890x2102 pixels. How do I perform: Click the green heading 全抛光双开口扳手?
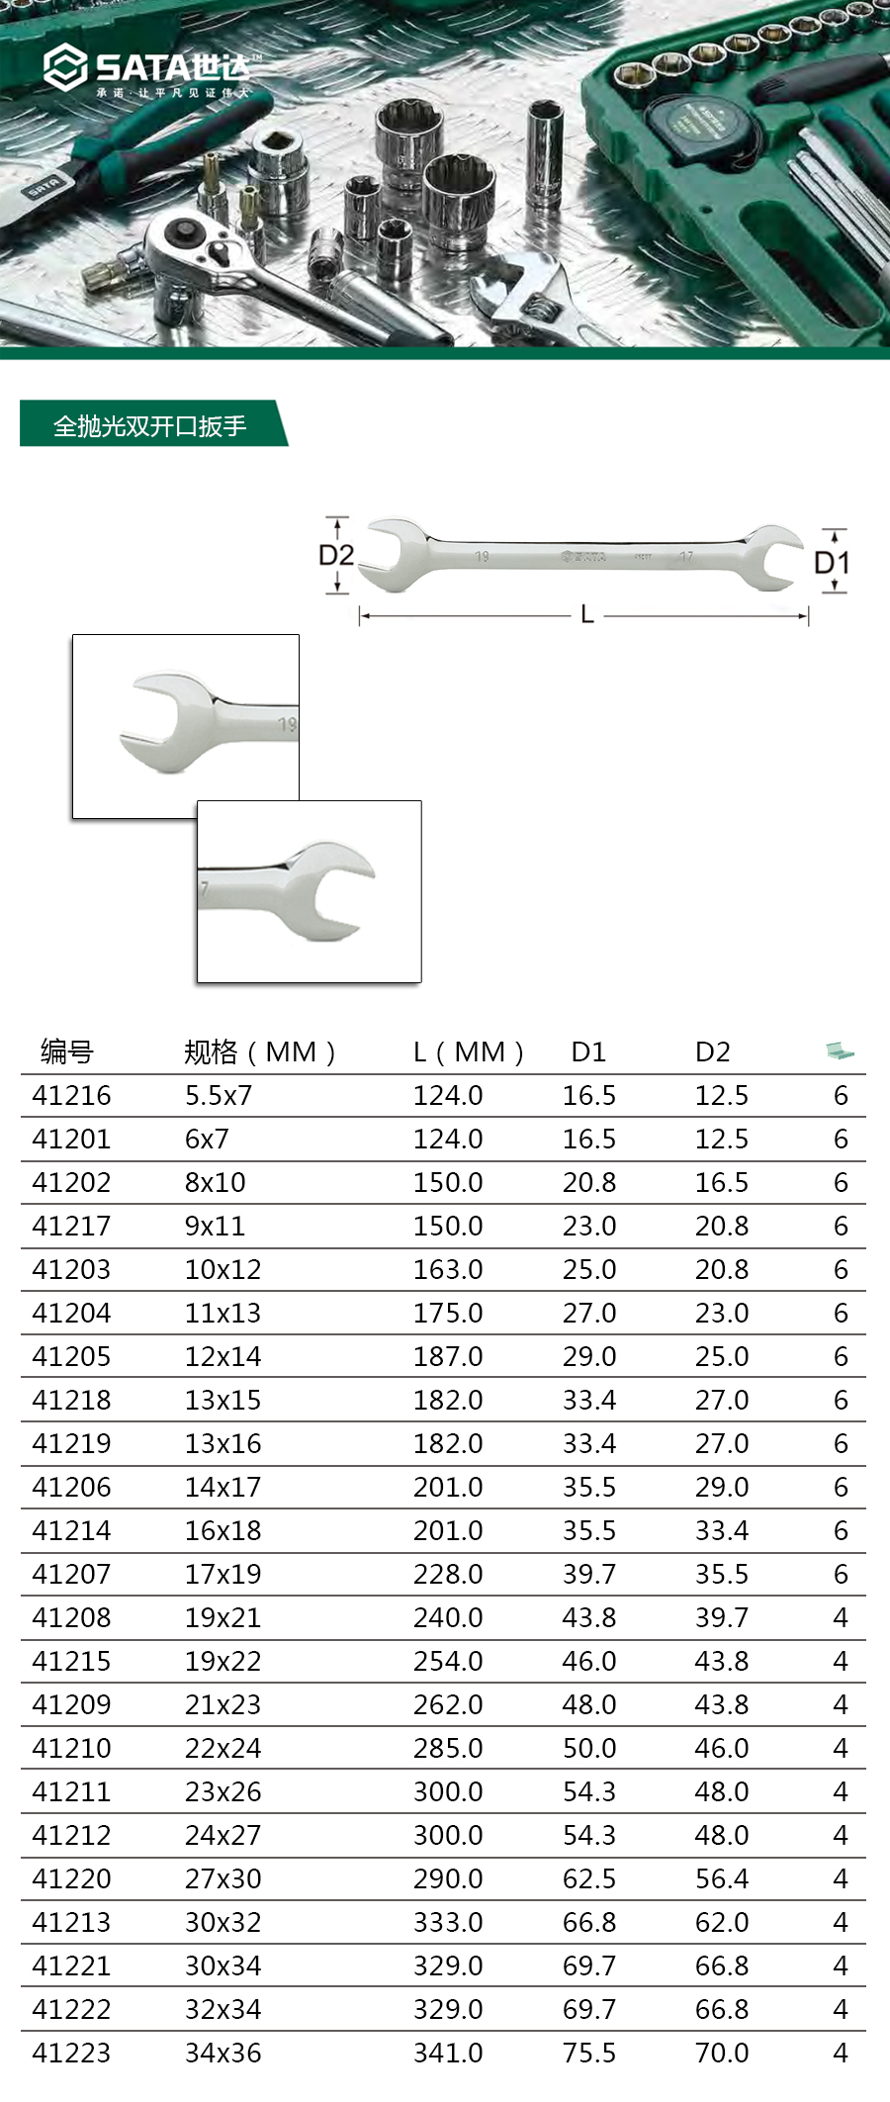tap(149, 426)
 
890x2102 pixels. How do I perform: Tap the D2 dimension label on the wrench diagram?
tap(336, 555)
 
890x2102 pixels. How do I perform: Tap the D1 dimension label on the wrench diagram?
tap(832, 563)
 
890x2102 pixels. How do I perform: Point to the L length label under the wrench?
tap(587, 615)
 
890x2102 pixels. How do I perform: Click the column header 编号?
tap(67, 1051)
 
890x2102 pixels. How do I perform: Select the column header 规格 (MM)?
tap(260, 1051)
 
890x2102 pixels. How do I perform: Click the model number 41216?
tap(71, 1095)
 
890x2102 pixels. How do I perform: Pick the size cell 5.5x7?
tap(219, 1095)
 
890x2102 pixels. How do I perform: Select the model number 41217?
tap(71, 1226)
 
